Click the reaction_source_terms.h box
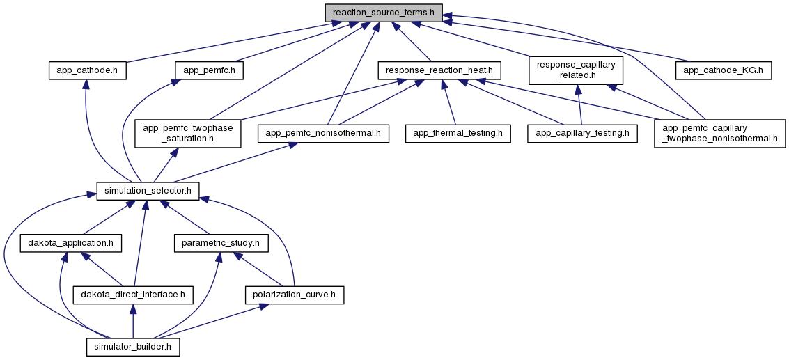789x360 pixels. click(x=383, y=12)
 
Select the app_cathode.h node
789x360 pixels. click(x=86, y=70)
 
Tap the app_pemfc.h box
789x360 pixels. click(x=209, y=70)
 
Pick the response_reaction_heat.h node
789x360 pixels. click(x=439, y=70)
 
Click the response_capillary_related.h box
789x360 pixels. click(x=575, y=70)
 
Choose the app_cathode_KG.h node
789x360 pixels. click(x=723, y=70)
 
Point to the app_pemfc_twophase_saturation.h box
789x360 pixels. click(x=188, y=133)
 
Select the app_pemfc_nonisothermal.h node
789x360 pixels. click(x=323, y=133)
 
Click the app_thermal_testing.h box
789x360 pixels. click(x=458, y=133)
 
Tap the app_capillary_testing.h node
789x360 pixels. click(x=582, y=133)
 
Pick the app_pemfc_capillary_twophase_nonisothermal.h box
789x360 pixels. click(x=719, y=133)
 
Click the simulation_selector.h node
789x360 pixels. click(x=147, y=190)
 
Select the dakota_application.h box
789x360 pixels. click(x=71, y=243)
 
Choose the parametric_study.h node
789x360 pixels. click(x=220, y=243)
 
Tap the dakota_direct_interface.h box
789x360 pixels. click(x=132, y=295)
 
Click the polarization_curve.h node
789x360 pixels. click(x=295, y=295)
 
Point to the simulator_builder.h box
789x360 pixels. click(x=132, y=346)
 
